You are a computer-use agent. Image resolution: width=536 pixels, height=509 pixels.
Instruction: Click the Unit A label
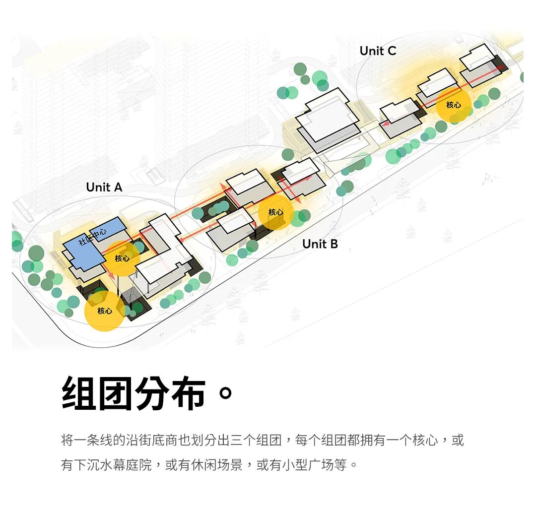coord(104,187)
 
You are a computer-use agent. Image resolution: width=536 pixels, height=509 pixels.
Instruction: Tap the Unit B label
coord(320,244)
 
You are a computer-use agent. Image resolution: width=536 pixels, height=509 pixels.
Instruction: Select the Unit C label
coord(378,51)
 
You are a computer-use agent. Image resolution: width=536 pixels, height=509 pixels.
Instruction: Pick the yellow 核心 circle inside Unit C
coord(453,105)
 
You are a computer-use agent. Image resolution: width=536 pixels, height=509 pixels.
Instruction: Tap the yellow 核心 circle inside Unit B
coord(275,212)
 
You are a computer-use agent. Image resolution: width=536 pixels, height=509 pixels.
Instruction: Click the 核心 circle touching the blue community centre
coord(122,258)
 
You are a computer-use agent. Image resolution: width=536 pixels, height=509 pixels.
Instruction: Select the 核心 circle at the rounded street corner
coord(104,311)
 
